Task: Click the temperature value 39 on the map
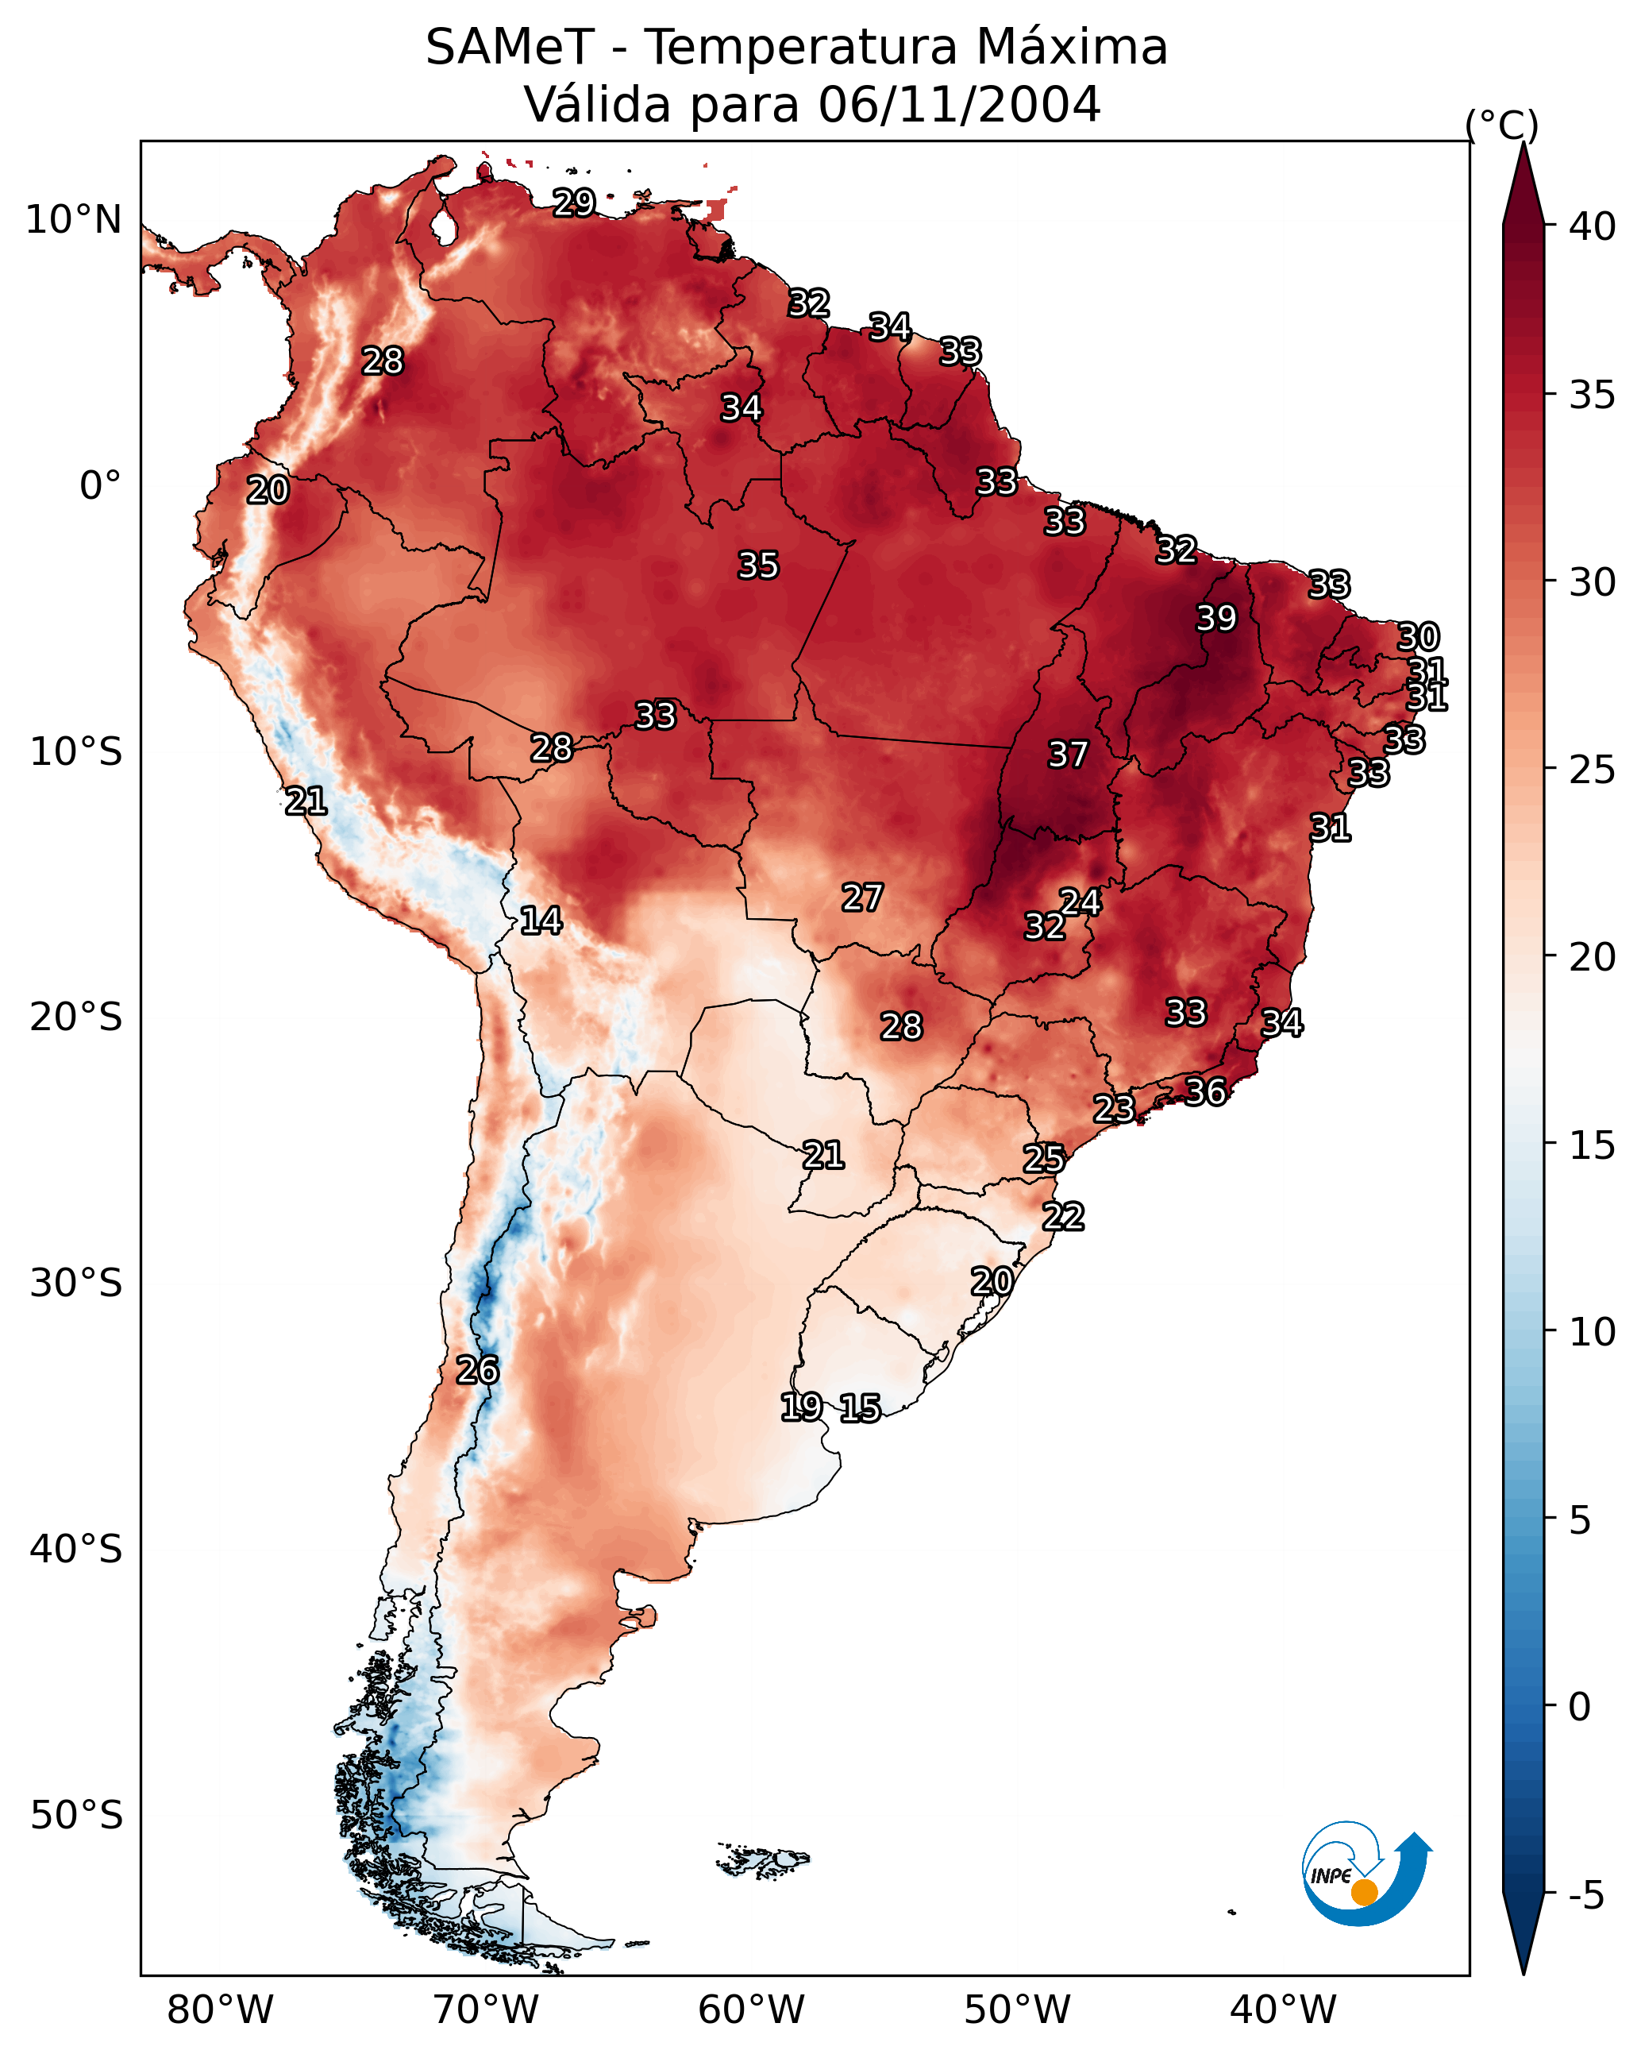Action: [1216, 618]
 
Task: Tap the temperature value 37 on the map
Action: [1068, 755]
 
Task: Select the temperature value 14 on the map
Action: [540, 921]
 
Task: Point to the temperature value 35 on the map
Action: [758, 565]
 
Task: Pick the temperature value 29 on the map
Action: [574, 202]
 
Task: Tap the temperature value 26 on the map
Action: [476, 1370]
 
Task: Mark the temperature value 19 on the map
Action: [801, 1406]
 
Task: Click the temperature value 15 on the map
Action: [860, 1408]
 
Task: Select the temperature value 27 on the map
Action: [862, 898]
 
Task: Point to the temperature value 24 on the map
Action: [1080, 902]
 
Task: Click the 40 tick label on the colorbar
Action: [1593, 226]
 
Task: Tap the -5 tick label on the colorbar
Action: [1585, 1896]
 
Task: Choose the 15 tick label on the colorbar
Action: [1593, 1145]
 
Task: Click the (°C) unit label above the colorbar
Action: [1501, 125]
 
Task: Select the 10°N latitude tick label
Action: [73, 220]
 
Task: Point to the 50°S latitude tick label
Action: [76, 1816]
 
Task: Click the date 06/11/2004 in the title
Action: [959, 104]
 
